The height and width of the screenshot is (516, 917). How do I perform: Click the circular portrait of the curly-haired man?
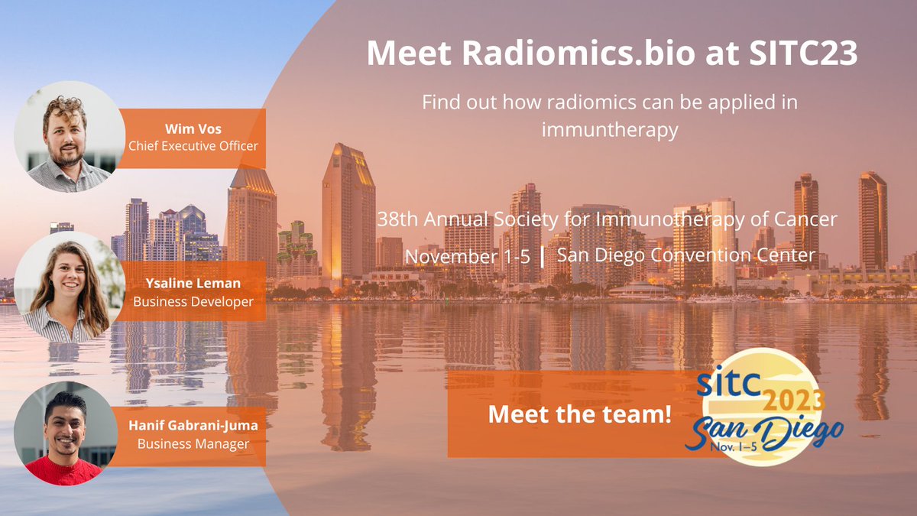click(70, 136)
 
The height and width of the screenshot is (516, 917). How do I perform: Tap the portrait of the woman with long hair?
click(70, 286)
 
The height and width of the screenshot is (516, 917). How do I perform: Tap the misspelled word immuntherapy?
click(610, 130)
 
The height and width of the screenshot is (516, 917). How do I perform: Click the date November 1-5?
click(468, 256)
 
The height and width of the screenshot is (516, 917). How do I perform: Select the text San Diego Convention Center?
click(686, 255)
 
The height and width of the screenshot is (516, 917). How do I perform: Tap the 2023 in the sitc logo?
click(793, 399)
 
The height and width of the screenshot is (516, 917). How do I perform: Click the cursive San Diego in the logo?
click(764, 432)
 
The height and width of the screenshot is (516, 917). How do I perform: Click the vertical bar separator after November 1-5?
click(543, 255)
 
